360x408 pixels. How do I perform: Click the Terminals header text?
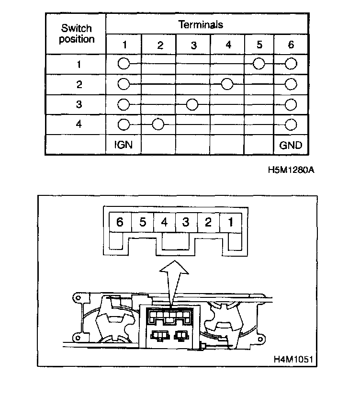click(201, 24)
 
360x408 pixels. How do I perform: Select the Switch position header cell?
click(77, 34)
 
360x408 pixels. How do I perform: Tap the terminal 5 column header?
click(259, 45)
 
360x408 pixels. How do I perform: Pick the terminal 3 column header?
click(193, 45)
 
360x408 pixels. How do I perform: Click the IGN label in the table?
click(124, 145)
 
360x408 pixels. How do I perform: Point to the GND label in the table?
click(291, 145)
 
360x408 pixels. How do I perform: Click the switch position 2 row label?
click(79, 84)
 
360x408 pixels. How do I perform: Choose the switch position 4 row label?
click(79, 124)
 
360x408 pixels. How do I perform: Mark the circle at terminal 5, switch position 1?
click(259, 64)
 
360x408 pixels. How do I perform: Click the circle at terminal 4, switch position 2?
click(227, 84)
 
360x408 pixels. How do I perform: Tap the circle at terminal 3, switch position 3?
click(192, 104)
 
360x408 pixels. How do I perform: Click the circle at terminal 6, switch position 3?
click(291, 104)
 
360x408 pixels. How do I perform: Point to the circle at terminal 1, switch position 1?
click(124, 64)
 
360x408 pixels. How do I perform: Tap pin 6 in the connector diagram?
click(120, 223)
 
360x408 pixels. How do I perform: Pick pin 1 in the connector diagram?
click(230, 223)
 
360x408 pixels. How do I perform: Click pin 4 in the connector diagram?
click(164, 223)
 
